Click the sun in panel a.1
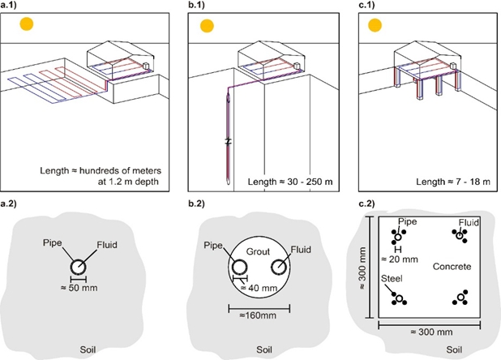[x=28, y=25]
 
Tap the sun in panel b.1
[x=206, y=25]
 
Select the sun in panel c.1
[x=375, y=25]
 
